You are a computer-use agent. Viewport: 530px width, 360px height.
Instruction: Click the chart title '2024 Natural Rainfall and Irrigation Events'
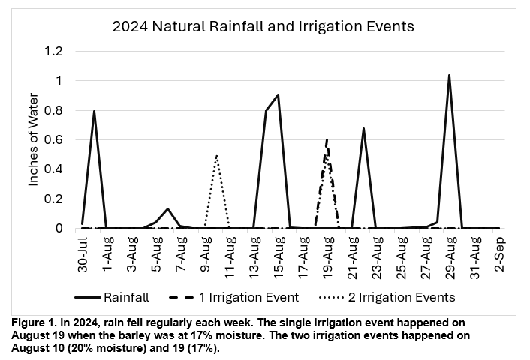(x=263, y=27)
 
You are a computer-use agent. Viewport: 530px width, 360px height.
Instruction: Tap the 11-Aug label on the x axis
(x=230, y=255)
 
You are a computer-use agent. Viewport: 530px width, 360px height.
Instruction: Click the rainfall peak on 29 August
(x=449, y=75)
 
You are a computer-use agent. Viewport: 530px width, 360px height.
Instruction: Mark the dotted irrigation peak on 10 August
(x=217, y=154)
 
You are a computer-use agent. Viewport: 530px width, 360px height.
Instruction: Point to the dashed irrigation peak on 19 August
(x=327, y=139)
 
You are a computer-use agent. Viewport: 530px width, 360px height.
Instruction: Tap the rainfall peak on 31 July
(x=95, y=111)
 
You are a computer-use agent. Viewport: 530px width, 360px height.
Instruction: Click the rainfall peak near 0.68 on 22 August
(x=363, y=128)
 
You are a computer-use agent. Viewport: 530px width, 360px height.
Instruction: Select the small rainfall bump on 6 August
(x=168, y=208)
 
